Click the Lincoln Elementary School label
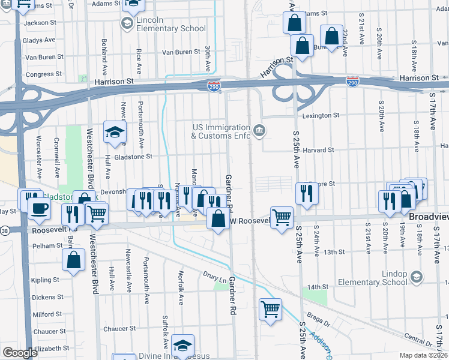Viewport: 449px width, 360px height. (x=163, y=24)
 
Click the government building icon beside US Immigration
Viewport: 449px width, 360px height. (x=259, y=131)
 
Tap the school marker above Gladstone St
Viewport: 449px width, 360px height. (x=115, y=133)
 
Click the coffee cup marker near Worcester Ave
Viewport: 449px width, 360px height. (x=40, y=209)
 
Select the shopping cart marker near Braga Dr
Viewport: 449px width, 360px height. (x=271, y=310)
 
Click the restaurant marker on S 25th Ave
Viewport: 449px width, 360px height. (x=307, y=193)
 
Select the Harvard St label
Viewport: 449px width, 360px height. (x=318, y=150)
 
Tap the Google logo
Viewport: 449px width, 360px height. (x=20, y=353)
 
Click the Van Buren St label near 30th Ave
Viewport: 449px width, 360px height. (x=180, y=52)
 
